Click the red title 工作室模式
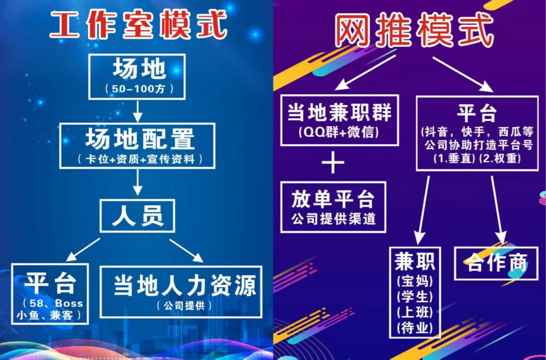tap(138, 25)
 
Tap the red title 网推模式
tap(414, 30)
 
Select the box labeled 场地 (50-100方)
tap(137, 77)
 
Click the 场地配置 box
tap(137, 146)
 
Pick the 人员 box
tap(137, 216)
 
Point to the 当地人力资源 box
tap(181, 292)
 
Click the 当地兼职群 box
tap(340, 120)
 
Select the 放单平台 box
tap(333, 207)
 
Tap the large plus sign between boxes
tap(333, 162)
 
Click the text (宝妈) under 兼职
tap(415, 281)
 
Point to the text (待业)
tap(415, 328)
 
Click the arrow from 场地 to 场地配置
tap(138, 111)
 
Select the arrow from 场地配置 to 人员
tap(138, 182)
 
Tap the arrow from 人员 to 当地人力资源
tap(186, 250)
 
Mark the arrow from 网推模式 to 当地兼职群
tap(365, 72)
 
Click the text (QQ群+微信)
tap(339, 132)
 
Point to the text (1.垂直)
tap(454, 159)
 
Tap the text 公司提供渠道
tap(334, 218)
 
